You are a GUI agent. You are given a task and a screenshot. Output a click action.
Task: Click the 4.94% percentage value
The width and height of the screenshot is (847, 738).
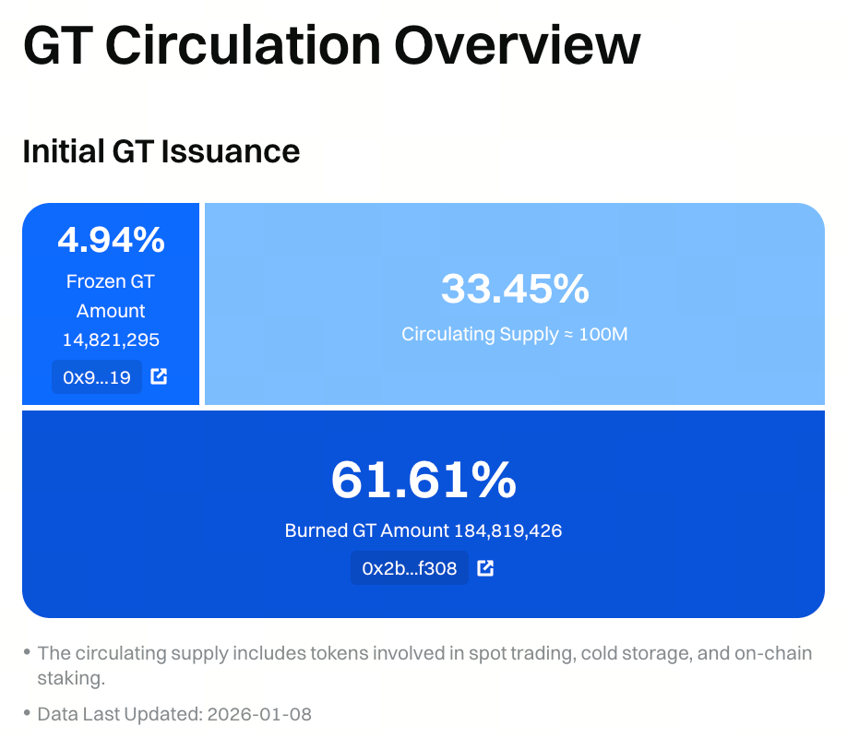[111, 240]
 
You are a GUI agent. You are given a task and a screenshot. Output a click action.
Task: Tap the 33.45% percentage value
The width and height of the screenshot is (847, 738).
[515, 289]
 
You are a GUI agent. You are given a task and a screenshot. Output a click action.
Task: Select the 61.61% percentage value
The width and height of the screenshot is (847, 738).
[423, 480]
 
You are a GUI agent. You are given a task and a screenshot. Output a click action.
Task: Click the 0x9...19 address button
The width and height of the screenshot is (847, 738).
[97, 376]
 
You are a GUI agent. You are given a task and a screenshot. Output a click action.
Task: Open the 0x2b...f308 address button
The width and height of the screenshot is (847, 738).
[409, 568]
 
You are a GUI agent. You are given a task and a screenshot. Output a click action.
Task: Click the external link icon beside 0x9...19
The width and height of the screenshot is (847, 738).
[159, 376]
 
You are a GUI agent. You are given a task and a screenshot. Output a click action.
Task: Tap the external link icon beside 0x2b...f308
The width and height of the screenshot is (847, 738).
[485, 568]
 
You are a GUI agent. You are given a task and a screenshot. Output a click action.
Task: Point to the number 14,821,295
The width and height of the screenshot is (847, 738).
[111, 340]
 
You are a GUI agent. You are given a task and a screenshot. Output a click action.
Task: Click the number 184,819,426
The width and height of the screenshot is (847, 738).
[507, 531]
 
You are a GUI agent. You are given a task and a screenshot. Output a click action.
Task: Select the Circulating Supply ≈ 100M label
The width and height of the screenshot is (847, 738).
[515, 334]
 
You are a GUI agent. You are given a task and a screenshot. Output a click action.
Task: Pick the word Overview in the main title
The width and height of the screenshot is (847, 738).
[518, 44]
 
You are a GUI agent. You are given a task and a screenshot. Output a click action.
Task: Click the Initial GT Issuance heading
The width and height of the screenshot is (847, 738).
[161, 150]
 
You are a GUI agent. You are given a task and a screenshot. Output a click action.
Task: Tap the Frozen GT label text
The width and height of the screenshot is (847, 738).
[111, 281]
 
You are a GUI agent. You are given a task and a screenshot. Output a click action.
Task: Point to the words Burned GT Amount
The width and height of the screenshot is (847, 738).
[366, 531]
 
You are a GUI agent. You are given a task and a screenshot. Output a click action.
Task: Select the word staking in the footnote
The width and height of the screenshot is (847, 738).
[72, 679]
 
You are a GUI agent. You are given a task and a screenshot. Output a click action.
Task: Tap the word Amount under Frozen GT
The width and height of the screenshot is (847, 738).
[111, 311]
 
